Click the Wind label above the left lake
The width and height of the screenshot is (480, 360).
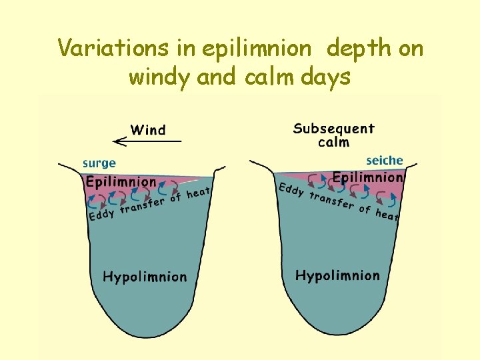(148, 129)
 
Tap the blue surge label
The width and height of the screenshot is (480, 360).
(99, 163)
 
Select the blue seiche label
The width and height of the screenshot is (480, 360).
(385, 161)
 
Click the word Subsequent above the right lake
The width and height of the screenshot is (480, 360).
(333, 129)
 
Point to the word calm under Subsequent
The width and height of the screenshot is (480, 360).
(333, 142)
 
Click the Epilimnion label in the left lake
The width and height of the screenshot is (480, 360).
(121, 181)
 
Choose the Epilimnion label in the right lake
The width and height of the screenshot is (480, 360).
(367, 177)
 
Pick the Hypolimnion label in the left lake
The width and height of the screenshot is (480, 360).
(145, 277)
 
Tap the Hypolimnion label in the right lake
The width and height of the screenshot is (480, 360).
(337, 275)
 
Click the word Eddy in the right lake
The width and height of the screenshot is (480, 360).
(291, 189)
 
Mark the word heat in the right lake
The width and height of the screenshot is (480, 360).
(387, 215)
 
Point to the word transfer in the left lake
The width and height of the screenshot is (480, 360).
(142, 205)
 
